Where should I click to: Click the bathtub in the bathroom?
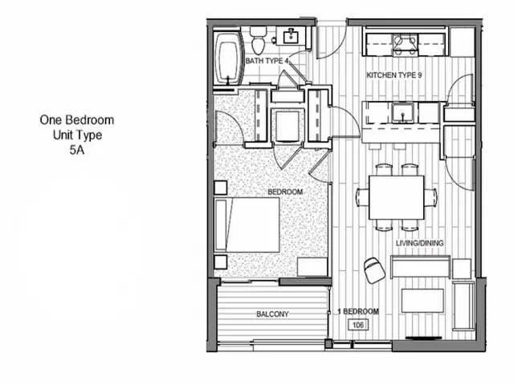click(229, 57)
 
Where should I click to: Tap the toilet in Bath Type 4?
click(259, 41)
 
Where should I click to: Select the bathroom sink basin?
click(291, 35)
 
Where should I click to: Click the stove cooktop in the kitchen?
click(406, 45)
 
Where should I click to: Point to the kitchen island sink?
click(402, 112)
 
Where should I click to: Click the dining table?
click(396, 197)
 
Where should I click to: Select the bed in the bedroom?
click(247, 225)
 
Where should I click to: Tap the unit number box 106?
click(358, 325)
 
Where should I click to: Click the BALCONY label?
click(272, 314)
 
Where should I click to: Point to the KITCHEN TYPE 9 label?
click(394, 75)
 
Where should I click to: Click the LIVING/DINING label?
click(419, 243)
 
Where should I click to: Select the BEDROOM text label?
click(285, 192)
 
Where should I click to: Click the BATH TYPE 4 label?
click(267, 61)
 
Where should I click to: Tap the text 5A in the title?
click(77, 150)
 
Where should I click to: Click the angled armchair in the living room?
click(374, 270)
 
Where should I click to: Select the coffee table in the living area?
click(423, 301)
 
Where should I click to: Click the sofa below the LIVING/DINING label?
click(420, 267)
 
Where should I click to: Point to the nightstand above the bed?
click(221, 188)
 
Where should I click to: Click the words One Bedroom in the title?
click(77, 120)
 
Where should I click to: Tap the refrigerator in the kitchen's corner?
click(463, 42)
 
